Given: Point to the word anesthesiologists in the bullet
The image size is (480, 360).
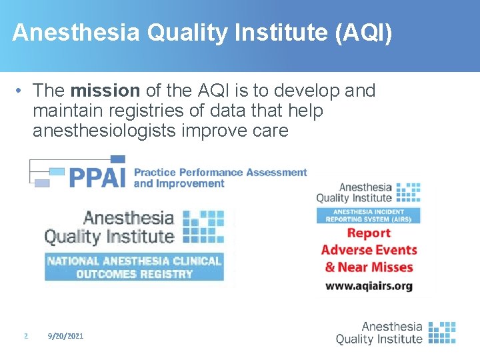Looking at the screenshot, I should (104, 131).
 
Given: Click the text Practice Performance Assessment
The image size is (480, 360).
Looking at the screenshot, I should (220, 173).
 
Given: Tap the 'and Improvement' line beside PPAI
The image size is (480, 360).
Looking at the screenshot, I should (179, 184).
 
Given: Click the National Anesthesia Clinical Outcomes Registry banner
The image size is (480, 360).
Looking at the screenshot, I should (134, 267).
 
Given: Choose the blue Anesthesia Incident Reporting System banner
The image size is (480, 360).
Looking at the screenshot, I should (369, 215).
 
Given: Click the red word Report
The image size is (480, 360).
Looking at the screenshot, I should (369, 233).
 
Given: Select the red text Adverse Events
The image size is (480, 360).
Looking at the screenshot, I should (369, 251).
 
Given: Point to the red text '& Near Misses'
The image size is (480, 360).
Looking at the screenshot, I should (369, 267).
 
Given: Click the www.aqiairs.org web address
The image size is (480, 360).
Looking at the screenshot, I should (369, 285).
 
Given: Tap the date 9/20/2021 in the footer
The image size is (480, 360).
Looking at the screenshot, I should (66, 337).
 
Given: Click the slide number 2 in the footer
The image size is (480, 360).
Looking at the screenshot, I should (25, 337).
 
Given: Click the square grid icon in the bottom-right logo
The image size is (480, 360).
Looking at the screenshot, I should (441, 332).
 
